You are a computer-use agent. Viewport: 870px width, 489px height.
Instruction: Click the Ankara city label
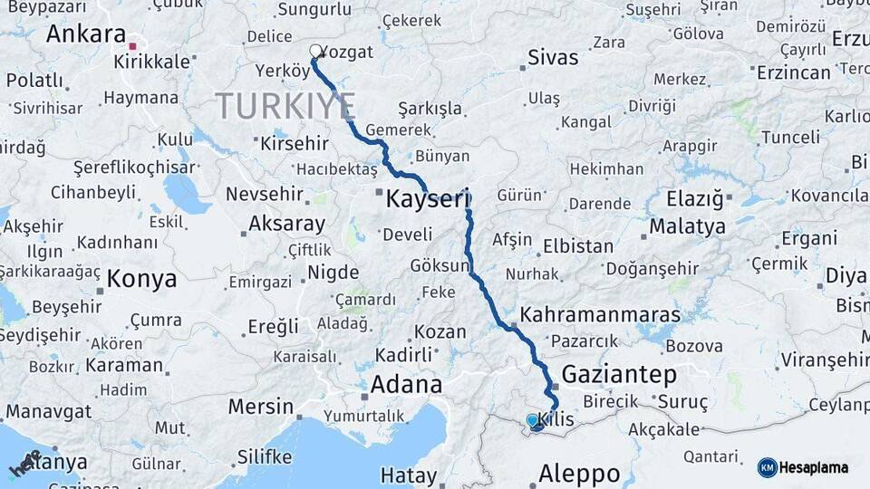(x=86, y=34)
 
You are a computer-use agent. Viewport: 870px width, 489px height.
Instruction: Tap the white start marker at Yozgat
(x=315, y=52)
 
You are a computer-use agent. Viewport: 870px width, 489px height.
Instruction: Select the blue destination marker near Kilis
(x=534, y=422)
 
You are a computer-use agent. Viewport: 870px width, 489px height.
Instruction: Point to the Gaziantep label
(x=619, y=374)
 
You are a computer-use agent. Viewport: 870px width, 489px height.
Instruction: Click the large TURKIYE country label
(x=285, y=106)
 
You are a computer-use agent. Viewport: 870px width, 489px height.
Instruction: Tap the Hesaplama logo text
(x=813, y=467)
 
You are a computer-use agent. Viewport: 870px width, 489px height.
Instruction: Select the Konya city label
(x=141, y=279)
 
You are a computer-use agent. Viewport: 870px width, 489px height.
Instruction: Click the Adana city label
(x=406, y=385)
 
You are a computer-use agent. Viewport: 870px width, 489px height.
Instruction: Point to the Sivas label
(x=554, y=58)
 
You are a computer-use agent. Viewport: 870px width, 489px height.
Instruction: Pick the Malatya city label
(x=687, y=225)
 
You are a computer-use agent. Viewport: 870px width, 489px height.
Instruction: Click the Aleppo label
(x=579, y=473)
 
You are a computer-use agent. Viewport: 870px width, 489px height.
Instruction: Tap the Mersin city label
(x=260, y=407)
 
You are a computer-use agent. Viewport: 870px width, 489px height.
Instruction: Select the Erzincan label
(x=793, y=72)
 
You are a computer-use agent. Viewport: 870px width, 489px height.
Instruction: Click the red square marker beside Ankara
(x=133, y=45)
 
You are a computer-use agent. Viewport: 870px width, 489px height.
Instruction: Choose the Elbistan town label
(x=577, y=245)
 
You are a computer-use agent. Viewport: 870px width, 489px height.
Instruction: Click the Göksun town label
(x=440, y=266)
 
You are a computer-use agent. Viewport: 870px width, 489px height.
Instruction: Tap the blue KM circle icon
(x=767, y=467)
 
